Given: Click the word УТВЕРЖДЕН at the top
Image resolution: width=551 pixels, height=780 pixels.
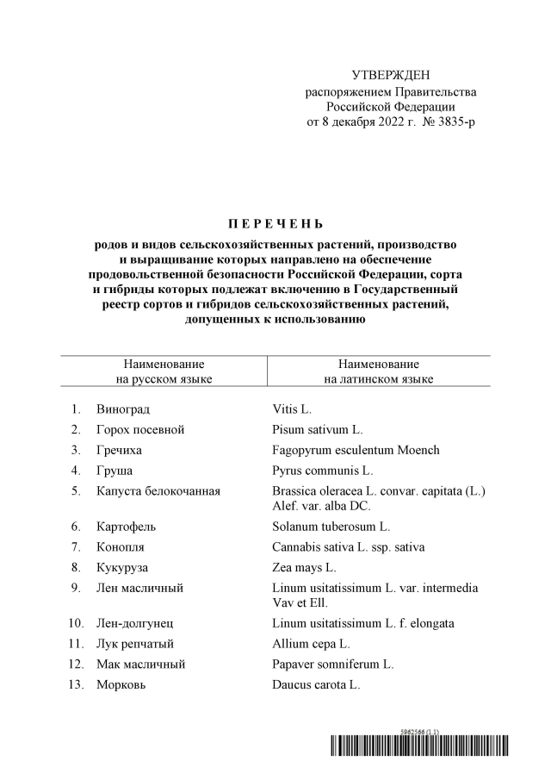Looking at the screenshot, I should [390, 76].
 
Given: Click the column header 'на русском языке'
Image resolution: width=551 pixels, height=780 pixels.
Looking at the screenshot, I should [164, 378].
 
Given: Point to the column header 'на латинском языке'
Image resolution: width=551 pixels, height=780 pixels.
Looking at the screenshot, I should [378, 378].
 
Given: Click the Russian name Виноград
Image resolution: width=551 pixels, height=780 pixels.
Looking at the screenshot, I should [129, 409].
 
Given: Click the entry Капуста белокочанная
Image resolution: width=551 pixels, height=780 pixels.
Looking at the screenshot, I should [158, 491].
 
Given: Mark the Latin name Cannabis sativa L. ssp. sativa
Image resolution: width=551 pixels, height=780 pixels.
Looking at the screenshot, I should [348, 546].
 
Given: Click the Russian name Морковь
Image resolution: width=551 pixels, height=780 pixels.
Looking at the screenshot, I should [121, 685].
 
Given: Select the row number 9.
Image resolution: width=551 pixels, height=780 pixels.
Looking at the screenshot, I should [77, 588].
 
